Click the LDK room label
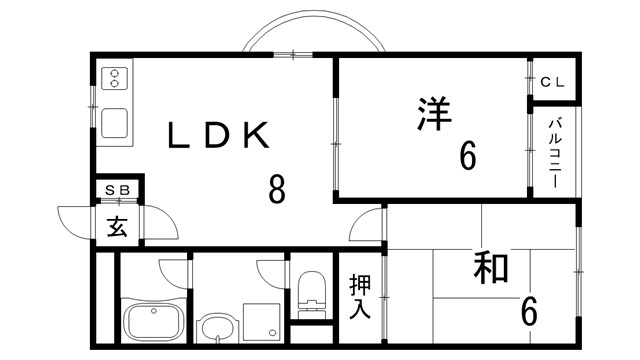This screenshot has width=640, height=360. click(218, 134)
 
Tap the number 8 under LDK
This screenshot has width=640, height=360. click(277, 187)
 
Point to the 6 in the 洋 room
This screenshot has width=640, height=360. click(467, 157)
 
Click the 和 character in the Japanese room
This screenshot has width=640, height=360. click(490, 267)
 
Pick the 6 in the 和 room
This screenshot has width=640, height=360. click(528, 311)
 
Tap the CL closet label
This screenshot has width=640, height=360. click(553, 83)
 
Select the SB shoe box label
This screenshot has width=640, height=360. click(118, 188)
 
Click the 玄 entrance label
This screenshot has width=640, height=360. click(118, 226)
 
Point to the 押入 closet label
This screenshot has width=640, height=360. click(360, 296)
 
